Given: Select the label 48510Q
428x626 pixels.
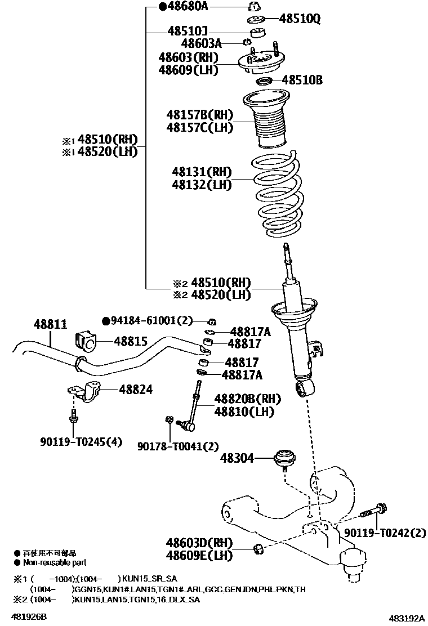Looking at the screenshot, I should (x=300, y=19).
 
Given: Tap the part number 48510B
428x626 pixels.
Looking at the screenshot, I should (x=302, y=81).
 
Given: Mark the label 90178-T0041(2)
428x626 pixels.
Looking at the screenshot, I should (x=178, y=446).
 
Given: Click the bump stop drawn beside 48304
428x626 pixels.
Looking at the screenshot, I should (x=286, y=457).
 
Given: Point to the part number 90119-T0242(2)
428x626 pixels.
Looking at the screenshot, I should (x=385, y=532).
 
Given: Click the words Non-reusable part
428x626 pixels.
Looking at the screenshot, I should (x=55, y=562).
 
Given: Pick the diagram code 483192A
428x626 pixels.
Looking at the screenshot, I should (x=405, y=618).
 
